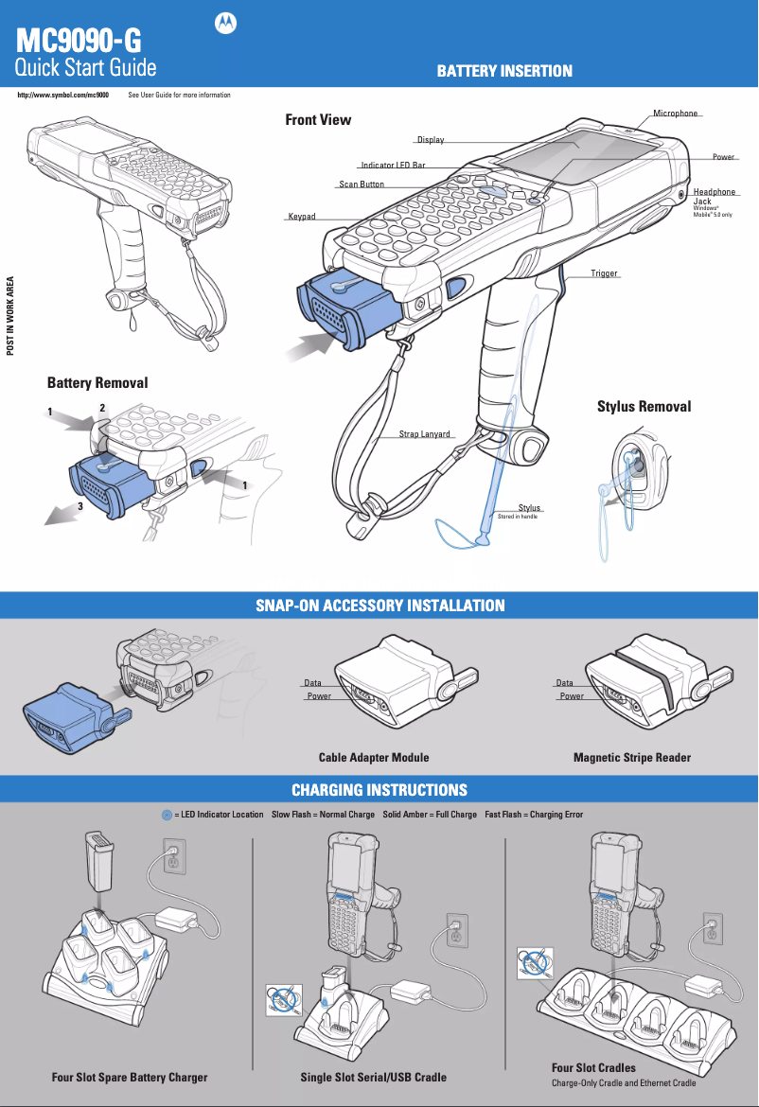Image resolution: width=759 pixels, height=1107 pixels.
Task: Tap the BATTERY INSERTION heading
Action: pyautogui.click(x=503, y=71)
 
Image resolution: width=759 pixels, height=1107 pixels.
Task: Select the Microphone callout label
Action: pyautogui.click(x=675, y=114)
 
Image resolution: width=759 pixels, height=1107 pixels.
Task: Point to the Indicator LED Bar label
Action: pyautogui.click(x=393, y=166)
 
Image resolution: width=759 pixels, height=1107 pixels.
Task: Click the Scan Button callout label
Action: pyautogui.click(x=362, y=184)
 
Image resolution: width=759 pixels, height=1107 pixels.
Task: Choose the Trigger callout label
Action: pyautogui.click(x=604, y=273)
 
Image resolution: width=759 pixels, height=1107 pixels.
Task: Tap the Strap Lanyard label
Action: pyautogui.click(x=424, y=434)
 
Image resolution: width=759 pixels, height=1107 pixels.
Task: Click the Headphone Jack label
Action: pyautogui.click(x=714, y=197)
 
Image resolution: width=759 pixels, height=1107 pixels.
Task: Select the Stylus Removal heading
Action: pyautogui.click(x=644, y=407)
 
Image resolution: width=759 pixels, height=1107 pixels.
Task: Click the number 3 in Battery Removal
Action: pyautogui.click(x=81, y=506)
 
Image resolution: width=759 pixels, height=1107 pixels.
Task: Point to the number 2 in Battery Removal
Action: pyautogui.click(x=101, y=408)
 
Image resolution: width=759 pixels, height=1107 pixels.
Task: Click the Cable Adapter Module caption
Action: pyautogui.click(x=374, y=757)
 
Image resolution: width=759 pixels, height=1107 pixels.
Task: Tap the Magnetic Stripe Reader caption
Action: pyautogui.click(x=631, y=757)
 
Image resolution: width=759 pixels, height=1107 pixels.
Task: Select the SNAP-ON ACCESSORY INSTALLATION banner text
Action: pyautogui.click(x=379, y=606)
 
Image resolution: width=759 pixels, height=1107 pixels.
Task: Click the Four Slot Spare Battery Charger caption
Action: pyautogui.click(x=130, y=1077)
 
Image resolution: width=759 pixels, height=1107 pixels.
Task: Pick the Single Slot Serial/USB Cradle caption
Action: pyautogui.click(x=373, y=1077)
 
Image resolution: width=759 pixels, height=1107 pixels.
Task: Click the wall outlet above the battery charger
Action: pyautogui.click(x=173, y=857)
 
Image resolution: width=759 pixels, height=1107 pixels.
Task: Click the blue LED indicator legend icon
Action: pyautogui.click(x=167, y=815)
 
